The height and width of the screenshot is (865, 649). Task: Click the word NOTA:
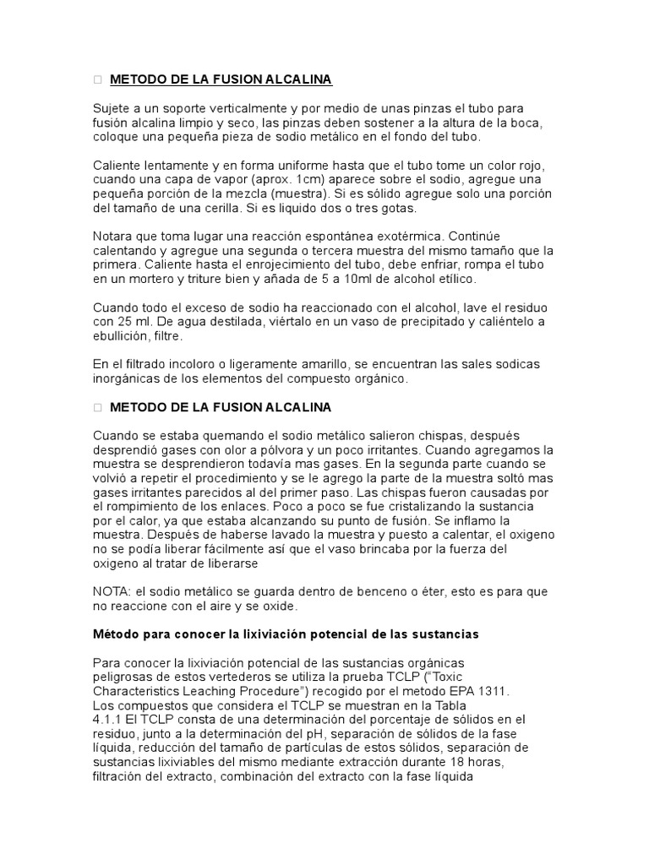pos(112,592)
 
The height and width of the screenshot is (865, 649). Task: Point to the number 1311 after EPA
pos(494,690)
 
